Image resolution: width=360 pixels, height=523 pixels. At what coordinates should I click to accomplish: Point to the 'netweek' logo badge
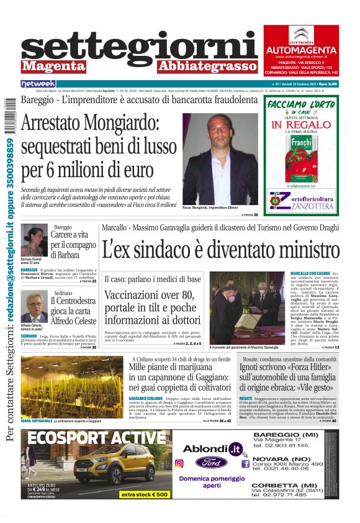click(38, 83)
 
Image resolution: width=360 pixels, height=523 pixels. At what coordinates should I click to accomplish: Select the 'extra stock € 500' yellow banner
click(145, 494)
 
